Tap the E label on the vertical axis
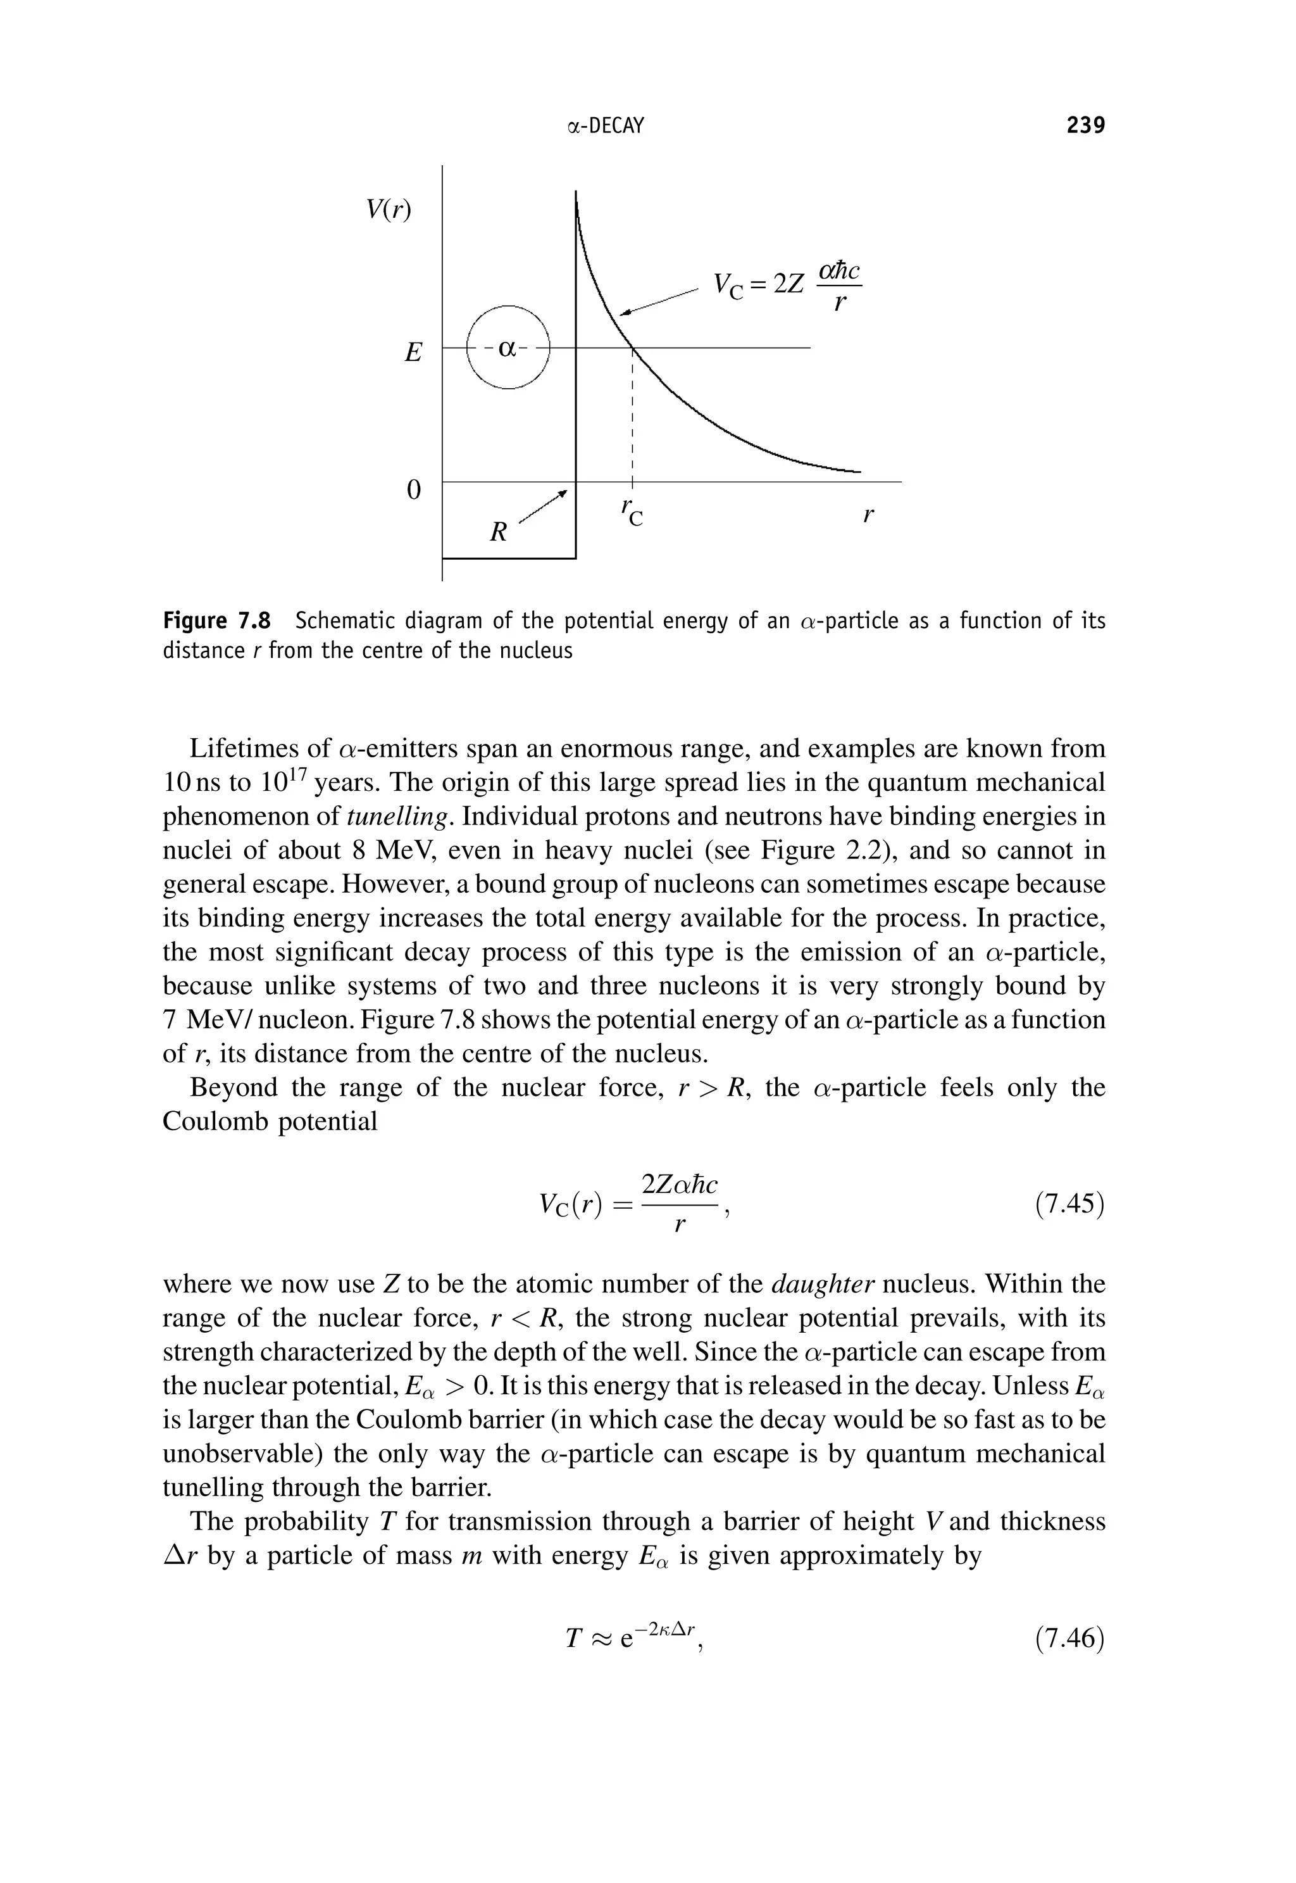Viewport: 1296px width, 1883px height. [413, 353]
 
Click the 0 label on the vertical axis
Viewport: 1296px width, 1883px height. [413, 490]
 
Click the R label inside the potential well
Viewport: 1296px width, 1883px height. [499, 533]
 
